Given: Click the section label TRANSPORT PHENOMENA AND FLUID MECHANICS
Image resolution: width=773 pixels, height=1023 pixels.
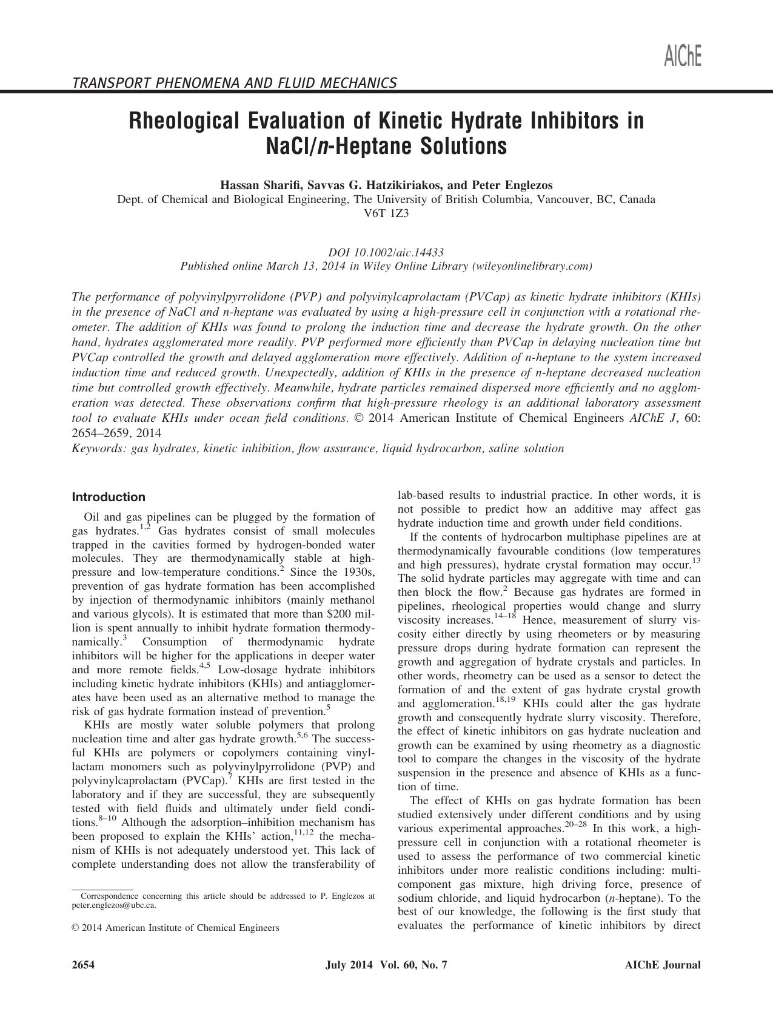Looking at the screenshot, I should (x=234, y=82).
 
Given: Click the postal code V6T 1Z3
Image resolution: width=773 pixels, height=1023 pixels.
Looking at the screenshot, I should (x=386, y=213).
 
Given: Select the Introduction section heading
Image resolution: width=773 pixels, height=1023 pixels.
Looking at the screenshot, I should (x=109, y=497).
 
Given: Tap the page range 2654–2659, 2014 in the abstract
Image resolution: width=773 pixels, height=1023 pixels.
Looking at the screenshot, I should (x=116, y=433).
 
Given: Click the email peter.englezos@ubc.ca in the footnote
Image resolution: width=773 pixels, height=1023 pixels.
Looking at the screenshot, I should (x=113, y=905).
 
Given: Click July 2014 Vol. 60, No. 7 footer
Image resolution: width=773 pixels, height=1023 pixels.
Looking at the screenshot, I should (x=386, y=965).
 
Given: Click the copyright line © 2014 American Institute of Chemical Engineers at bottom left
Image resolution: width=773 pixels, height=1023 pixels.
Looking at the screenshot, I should (x=176, y=928).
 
